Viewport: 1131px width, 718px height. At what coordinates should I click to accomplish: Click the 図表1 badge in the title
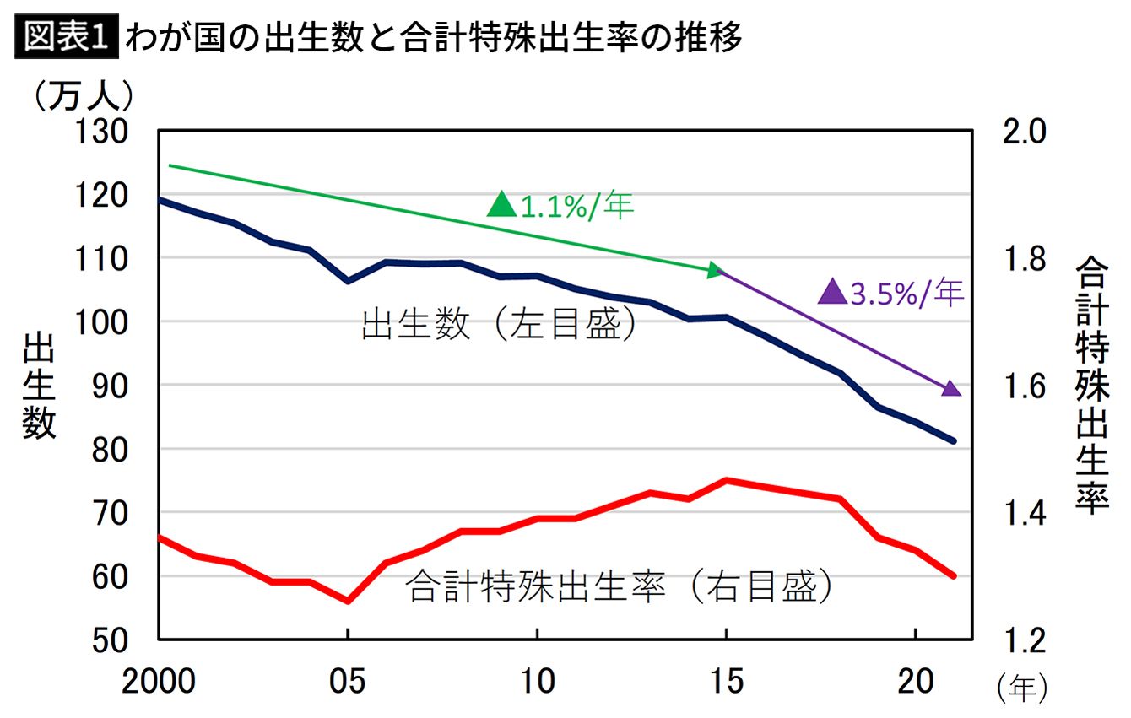[67, 38]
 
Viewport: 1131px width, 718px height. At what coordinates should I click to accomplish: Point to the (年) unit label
[1022, 688]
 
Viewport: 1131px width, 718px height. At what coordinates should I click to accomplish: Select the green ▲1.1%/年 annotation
[560, 205]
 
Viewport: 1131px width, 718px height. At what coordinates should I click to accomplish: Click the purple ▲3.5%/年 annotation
[891, 293]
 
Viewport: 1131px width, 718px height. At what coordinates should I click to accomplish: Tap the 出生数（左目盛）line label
[498, 325]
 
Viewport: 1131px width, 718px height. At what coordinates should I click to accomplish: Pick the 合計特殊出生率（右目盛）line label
[620, 586]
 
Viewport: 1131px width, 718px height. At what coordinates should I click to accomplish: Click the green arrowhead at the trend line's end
[716, 270]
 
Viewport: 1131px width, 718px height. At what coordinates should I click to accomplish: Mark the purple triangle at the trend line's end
[951, 388]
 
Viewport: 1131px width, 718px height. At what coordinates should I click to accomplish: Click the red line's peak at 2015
[727, 480]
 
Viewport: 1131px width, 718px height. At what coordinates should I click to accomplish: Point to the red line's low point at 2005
[348, 601]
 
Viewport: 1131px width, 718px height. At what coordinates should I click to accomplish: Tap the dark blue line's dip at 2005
[348, 280]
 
